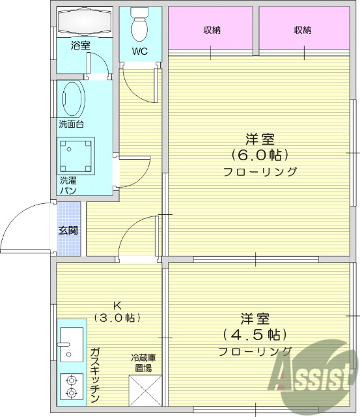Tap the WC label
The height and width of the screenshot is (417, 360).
pyautogui.click(x=139, y=51)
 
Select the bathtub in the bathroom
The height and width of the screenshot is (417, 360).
pyautogui.click(x=85, y=23)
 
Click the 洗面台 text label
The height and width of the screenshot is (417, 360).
pyautogui.click(x=71, y=124)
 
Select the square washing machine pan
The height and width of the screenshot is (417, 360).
pyautogui.click(x=77, y=154)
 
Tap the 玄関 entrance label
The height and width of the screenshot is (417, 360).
pyautogui.click(x=68, y=230)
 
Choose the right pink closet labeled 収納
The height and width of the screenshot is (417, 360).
pyautogui.click(x=302, y=30)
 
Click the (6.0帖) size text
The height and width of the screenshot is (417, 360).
pyautogui.click(x=260, y=155)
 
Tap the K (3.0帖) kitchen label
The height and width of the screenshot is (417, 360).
pyautogui.click(x=117, y=312)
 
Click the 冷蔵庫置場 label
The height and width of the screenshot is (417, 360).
pyautogui.click(x=143, y=363)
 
